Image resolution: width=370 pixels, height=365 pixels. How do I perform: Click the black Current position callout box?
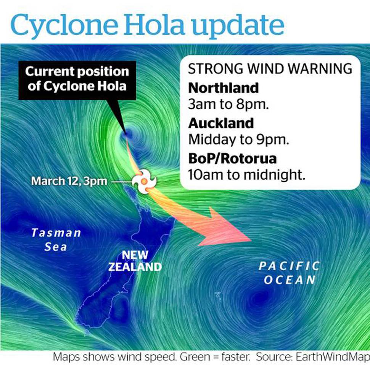(77, 80)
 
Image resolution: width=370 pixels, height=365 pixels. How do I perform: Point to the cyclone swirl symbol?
(144, 181)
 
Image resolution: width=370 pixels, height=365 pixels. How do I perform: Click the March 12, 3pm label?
(69, 181)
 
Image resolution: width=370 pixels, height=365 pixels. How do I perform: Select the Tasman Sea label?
(56, 240)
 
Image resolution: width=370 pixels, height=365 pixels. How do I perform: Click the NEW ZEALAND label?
(135, 261)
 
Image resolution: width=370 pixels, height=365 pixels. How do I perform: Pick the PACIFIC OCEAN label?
(289, 273)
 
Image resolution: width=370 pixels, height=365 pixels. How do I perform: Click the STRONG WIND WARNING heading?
(270, 68)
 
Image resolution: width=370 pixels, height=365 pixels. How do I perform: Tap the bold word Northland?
(224, 88)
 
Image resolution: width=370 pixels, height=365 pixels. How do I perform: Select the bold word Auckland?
(221, 123)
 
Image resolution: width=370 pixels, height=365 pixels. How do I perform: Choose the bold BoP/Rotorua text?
(232, 158)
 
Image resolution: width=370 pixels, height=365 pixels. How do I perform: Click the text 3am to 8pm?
(228, 104)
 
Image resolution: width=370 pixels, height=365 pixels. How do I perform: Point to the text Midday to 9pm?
(238, 140)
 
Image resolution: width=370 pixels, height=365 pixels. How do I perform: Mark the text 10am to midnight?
(246, 175)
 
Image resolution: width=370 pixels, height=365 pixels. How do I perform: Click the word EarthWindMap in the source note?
(333, 357)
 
